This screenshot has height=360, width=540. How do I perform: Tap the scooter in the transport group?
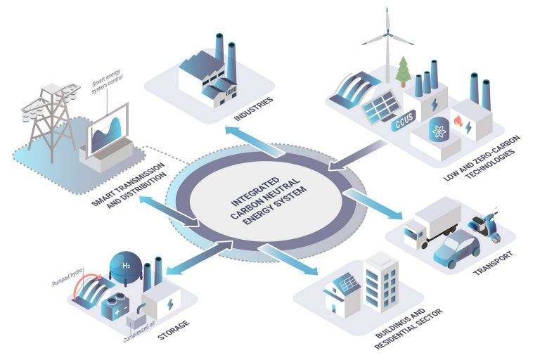485,224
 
